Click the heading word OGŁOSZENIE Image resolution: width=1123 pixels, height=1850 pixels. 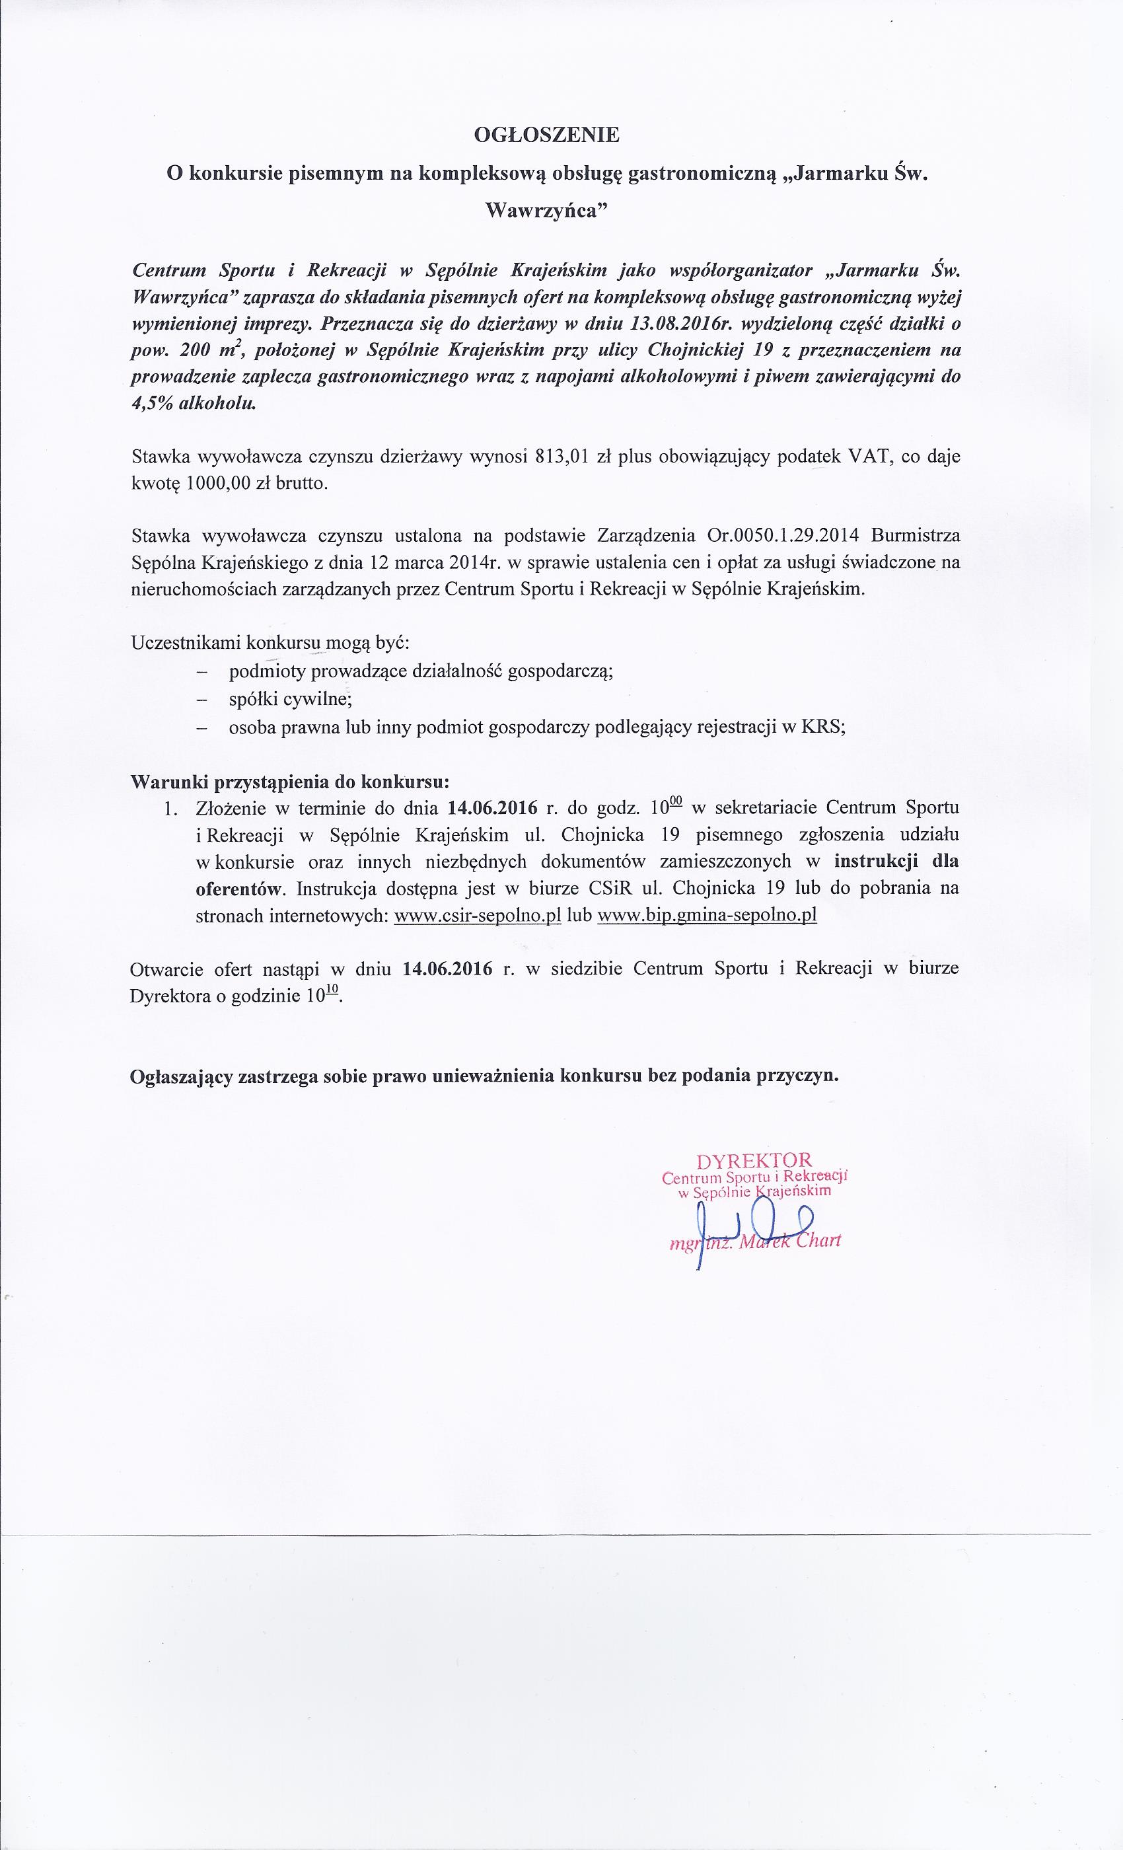point(546,136)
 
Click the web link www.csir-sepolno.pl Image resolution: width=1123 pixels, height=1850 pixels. point(478,916)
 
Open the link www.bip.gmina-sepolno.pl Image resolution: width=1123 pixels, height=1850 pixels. point(706,916)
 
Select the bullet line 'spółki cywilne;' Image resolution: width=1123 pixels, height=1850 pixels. point(291,700)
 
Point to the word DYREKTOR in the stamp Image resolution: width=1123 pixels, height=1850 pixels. point(754,1161)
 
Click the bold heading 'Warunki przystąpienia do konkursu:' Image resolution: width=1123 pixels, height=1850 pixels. point(290,782)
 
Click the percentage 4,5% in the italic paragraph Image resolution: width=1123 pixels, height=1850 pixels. point(153,403)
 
